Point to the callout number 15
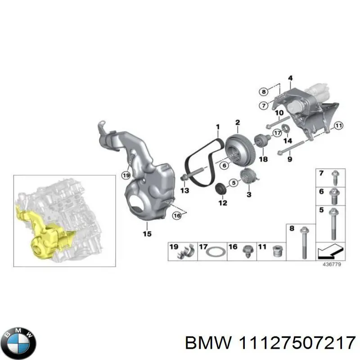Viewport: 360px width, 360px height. pyautogui.click(x=147, y=234)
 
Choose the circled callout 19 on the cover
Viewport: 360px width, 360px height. pyautogui.click(x=126, y=175)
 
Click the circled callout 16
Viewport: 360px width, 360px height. pyautogui.click(x=176, y=216)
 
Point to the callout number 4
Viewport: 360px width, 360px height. pyautogui.click(x=291, y=78)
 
